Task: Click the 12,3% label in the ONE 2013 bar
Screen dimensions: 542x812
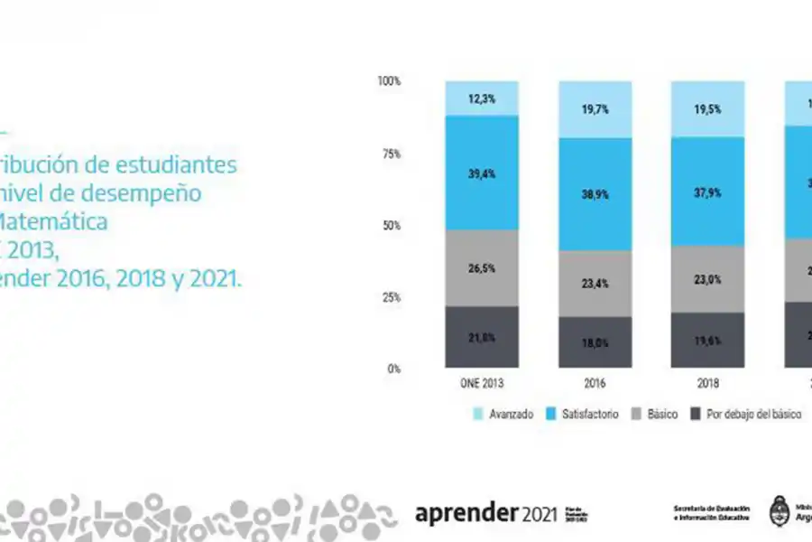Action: tap(482, 98)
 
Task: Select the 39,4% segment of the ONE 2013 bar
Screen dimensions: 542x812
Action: tap(482, 173)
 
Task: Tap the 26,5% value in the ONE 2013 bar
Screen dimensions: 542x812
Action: tap(482, 267)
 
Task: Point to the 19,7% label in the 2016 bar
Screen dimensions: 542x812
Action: tap(595, 109)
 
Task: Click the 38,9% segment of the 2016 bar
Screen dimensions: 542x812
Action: tap(595, 193)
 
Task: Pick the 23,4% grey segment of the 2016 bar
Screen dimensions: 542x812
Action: tap(595, 283)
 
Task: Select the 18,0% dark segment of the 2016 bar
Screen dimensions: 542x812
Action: tap(595, 343)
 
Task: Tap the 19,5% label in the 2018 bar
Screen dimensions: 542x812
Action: tap(708, 108)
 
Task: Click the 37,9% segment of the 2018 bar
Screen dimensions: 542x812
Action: tap(708, 192)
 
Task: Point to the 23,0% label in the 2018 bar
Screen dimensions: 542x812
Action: tap(708, 280)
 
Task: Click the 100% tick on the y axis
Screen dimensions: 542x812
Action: tap(389, 81)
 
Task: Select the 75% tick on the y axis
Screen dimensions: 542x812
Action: tap(391, 154)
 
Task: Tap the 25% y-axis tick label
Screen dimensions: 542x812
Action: tap(391, 297)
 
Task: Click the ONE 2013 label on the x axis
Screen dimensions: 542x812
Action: tap(482, 383)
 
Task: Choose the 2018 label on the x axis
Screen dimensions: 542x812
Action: tap(708, 383)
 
